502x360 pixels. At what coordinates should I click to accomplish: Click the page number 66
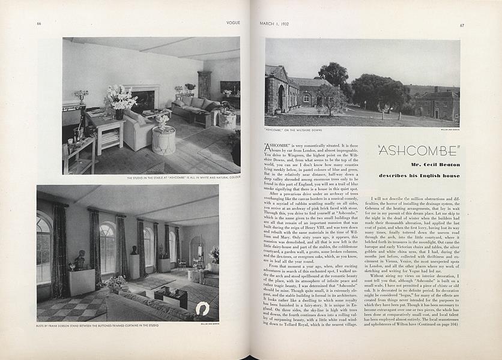[x=38, y=23]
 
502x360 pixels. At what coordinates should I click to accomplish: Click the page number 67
[x=462, y=25]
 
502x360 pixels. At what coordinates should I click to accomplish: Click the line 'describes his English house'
[x=419, y=176]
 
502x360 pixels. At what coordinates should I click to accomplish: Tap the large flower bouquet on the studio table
[x=121, y=98]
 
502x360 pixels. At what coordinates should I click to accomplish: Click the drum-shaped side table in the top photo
[x=163, y=141]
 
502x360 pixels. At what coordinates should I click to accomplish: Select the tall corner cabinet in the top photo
[x=204, y=85]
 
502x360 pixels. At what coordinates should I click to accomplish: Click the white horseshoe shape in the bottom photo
[x=202, y=309]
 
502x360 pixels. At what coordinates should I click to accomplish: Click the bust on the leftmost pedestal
[x=80, y=260]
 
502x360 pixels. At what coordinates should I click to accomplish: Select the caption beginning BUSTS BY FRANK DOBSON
[x=98, y=326]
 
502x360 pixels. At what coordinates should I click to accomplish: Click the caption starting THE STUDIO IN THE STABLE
[x=183, y=178]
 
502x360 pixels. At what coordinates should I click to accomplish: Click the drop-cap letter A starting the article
[x=268, y=146]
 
